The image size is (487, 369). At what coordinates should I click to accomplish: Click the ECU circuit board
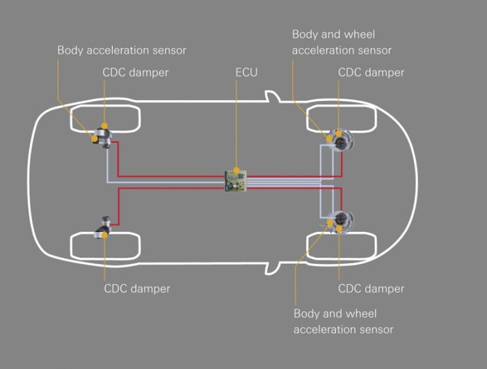[235, 180]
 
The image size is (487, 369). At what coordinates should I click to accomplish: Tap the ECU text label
[246, 72]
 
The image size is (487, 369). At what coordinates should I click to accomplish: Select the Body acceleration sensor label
[122, 50]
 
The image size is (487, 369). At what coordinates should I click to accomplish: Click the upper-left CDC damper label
[136, 72]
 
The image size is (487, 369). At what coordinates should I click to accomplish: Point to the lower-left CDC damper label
[137, 288]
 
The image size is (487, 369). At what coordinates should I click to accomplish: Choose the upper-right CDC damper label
[371, 72]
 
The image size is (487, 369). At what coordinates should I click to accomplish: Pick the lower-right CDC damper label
[371, 288]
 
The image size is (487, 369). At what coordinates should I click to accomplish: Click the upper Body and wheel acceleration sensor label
[342, 42]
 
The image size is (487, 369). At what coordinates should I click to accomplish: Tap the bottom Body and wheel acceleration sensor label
[343, 322]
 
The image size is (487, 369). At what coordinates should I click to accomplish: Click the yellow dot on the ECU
[237, 171]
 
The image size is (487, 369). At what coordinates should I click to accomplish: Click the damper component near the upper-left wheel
[104, 137]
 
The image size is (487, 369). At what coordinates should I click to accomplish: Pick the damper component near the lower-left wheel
[104, 227]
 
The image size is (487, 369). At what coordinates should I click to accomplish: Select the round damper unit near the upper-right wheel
[340, 140]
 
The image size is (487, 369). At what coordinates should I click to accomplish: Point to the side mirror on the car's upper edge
[273, 96]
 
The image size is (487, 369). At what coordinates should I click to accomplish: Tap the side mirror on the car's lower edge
[273, 268]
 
